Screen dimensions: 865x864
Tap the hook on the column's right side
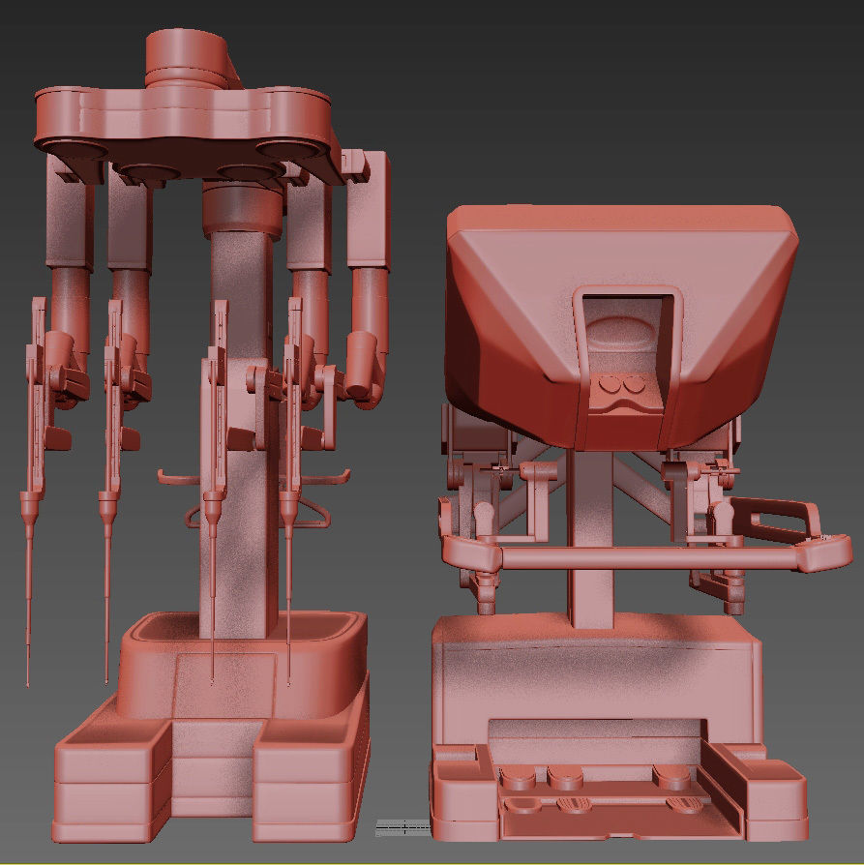(x=334, y=476)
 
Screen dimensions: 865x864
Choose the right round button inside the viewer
(x=634, y=385)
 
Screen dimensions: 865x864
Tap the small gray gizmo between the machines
(x=402, y=826)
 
